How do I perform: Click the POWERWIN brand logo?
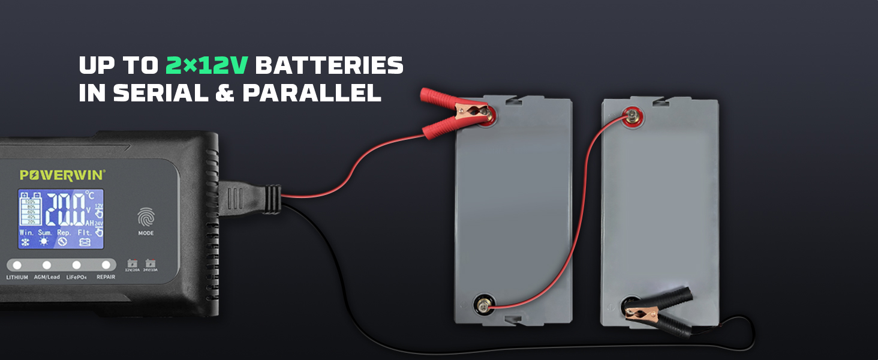[x=62, y=175]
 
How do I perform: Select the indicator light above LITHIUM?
[x=17, y=265]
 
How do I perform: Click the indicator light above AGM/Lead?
[x=47, y=265]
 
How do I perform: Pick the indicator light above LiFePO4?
[x=77, y=265]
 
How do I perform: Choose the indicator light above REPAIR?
[x=106, y=265]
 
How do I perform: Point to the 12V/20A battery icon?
[x=132, y=263]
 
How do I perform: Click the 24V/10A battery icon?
[x=151, y=263]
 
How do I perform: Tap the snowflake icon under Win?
[x=26, y=242]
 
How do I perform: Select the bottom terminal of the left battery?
[x=482, y=303]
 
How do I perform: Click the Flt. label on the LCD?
[x=85, y=232]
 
